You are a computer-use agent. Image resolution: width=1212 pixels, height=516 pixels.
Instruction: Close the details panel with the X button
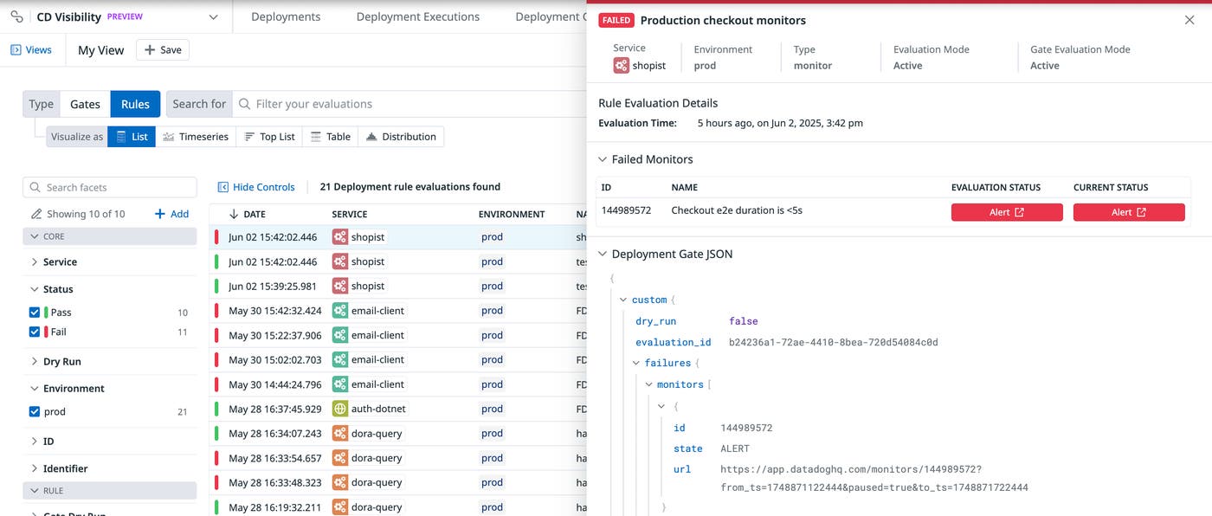[1189, 20]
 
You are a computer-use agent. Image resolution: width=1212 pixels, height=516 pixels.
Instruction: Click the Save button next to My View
[163, 50]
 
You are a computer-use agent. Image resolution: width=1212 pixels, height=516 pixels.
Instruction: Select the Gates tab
[85, 104]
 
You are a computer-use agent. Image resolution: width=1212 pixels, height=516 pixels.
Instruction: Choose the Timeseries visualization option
[196, 137]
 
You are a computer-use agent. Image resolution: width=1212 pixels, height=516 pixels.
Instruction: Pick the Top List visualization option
[270, 137]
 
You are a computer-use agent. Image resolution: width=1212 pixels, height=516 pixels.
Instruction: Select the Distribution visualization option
[401, 137]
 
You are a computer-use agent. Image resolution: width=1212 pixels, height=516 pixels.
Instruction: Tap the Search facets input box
[110, 187]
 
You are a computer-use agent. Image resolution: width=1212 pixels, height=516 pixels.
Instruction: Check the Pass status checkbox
[35, 313]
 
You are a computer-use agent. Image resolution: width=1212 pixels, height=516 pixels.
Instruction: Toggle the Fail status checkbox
[35, 332]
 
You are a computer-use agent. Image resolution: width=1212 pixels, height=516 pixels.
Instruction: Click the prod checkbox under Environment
[35, 412]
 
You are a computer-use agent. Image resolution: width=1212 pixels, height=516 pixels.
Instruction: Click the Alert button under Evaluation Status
[1007, 212]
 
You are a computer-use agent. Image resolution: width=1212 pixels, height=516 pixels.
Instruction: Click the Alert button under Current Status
[1129, 212]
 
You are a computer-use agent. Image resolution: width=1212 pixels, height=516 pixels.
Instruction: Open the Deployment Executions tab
[417, 16]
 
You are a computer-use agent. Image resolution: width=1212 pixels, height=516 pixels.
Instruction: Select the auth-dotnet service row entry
[378, 409]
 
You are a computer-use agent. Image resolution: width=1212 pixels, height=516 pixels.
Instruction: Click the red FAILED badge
[616, 20]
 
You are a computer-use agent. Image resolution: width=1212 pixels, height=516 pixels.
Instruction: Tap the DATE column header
[254, 214]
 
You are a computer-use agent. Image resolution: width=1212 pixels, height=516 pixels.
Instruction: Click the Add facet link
[171, 214]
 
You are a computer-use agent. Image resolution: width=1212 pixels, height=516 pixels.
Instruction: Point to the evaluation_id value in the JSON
[833, 342]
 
